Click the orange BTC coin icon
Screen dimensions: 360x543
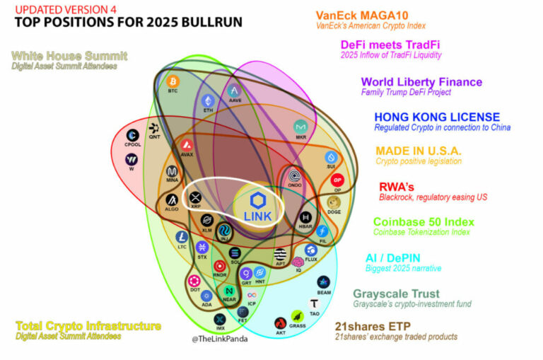click(x=173, y=82)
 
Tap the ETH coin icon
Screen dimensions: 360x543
click(x=208, y=100)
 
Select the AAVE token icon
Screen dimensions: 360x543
click(x=235, y=91)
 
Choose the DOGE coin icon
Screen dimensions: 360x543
click(x=334, y=202)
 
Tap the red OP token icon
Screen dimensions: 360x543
click(x=337, y=180)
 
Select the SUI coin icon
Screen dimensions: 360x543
click(x=330, y=158)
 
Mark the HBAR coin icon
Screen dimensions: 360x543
click(x=307, y=218)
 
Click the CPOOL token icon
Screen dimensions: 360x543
click(x=132, y=136)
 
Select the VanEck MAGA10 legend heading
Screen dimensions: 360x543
click(x=361, y=14)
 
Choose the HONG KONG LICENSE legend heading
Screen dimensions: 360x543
click(x=436, y=117)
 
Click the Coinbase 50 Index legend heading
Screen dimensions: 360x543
click(x=424, y=222)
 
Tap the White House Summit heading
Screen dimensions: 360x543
click(x=69, y=56)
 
